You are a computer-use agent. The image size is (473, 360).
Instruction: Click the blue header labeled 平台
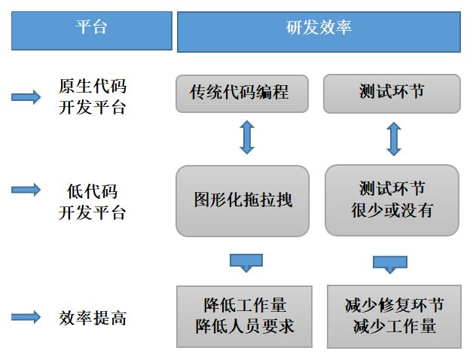tap(92, 31)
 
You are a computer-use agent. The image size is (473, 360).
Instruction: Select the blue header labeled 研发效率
tap(319, 32)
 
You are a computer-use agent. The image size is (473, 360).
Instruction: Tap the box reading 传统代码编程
tap(242, 94)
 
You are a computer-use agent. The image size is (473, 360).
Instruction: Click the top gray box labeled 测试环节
tap(392, 94)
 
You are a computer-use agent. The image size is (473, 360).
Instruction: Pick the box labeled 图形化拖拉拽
tap(243, 201)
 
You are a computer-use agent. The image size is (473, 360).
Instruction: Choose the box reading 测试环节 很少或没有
tap(392, 200)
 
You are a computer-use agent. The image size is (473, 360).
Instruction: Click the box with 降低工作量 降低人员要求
tap(244, 316)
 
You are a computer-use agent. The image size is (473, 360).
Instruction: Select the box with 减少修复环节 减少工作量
tap(394, 316)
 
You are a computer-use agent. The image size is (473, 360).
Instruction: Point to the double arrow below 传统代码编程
tap(247, 137)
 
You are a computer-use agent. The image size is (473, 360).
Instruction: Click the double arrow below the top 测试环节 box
tap(394, 139)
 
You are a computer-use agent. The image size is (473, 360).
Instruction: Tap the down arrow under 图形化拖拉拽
tap(246, 263)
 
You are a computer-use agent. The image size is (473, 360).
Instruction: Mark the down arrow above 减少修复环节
tap(390, 264)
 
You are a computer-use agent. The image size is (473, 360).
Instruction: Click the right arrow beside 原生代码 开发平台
tap(26, 97)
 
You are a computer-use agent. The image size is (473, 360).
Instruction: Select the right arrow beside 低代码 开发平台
tap(26, 190)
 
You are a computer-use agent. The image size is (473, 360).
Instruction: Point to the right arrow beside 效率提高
tap(26, 317)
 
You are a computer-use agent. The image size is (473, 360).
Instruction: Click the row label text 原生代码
tap(93, 87)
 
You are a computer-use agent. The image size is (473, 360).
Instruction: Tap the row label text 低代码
tap(93, 191)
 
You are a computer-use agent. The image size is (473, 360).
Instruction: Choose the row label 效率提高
tap(93, 318)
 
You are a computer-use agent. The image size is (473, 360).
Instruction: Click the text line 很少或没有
tap(392, 210)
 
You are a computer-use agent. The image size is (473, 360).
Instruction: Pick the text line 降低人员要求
tap(244, 327)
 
